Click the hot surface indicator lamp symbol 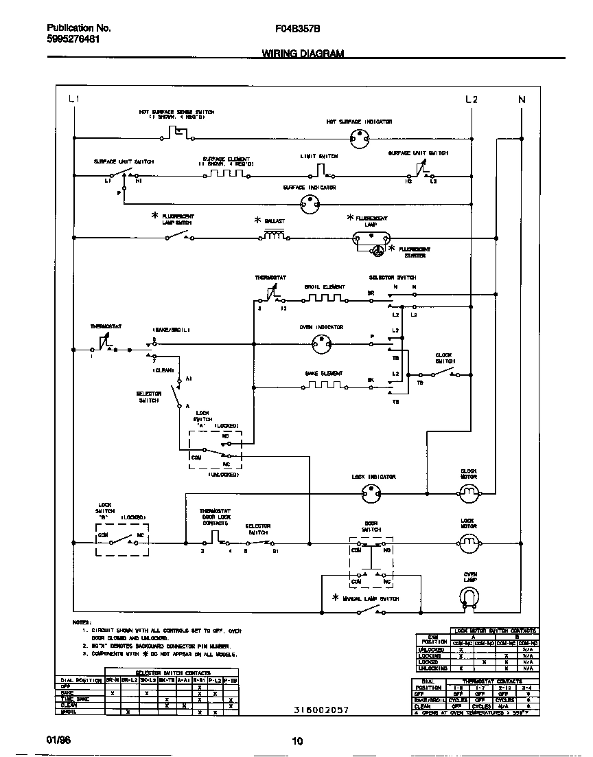pyautogui.click(x=356, y=138)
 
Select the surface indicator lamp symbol pyautogui.click(x=311, y=202)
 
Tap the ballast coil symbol pyautogui.click(x=275, y=236)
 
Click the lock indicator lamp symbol pyautogui.click(x=371, y=492)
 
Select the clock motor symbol pyautogui.click(x=468, y=491)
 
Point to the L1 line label pyautogui.click(x=74, y=100)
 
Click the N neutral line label pyautogui.click(x=522, y=100)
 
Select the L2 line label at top pyautogui.click(x=471, y=100)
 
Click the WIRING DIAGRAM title pyautogui.click(x=303, y=54)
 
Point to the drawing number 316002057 pyautogui.click(x=321, y=710)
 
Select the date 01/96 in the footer pyautogui.click(x=58, y=740)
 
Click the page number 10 pyautogui.click(x=296, y=741)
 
